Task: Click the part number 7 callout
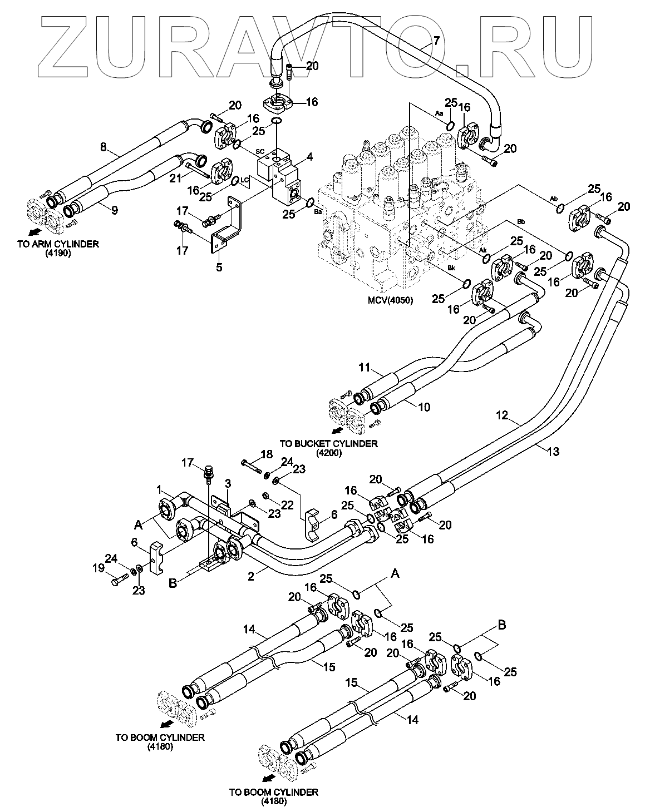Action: coord(437,41)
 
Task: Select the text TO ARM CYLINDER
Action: coord(58,244)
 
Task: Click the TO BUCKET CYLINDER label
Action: coord(328,443)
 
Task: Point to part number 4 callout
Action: coord(310,157)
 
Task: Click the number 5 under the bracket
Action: coord(219,267)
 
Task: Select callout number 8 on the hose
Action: coord(103,148)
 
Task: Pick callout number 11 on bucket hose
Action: coord(364,367)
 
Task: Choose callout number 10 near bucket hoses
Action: coord(424,407)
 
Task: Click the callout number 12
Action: coord(502,414)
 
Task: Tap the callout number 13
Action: coord(552,451)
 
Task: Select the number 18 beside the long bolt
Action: coord(267,454)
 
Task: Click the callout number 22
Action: coord(287,504)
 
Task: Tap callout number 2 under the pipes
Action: coord(250,577)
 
